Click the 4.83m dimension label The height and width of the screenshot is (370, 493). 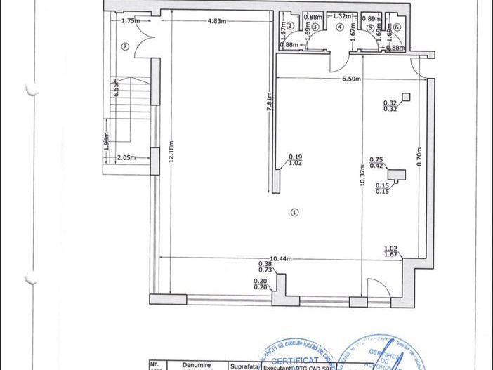pos(216,21)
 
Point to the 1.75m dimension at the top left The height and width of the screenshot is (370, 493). pos(131,21)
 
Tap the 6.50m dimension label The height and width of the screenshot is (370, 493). pos(352,79)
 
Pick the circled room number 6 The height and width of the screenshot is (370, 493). pos(397,27)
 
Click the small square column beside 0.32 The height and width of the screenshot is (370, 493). pos(405,98)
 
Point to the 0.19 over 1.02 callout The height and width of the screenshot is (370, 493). pos(296,160)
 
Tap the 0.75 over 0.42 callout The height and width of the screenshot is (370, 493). pos(376,162)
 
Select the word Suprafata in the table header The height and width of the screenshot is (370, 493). pos(244,366)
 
